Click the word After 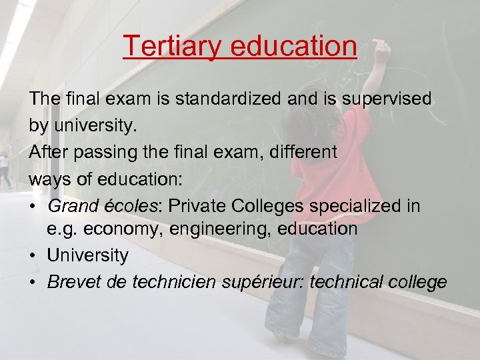click(50, 152)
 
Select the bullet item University click(88, 255)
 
